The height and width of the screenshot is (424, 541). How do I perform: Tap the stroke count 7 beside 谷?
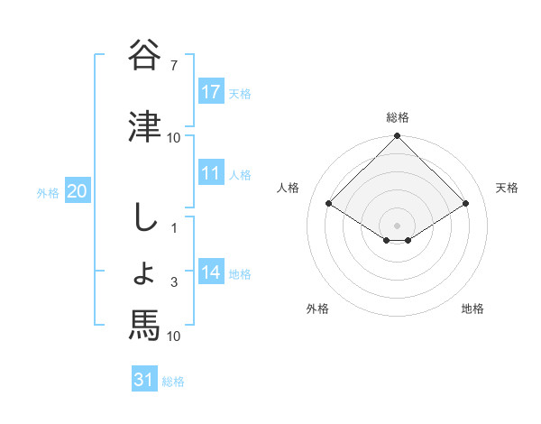[174, 66]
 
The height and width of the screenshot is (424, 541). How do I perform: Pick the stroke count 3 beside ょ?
[174, 283]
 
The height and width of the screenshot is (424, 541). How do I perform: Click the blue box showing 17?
[210, 91]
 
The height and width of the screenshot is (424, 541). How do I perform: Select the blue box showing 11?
[210, 173]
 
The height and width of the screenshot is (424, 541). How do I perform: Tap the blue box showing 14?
[210, 272]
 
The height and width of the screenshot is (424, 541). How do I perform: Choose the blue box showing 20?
[78, 191]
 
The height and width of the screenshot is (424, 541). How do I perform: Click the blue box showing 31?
[144, 380]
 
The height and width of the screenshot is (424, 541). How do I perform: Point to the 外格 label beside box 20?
[48, 192]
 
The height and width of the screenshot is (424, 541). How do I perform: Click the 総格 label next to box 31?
[174, 381]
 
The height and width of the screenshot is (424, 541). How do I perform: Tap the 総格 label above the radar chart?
[397, 117]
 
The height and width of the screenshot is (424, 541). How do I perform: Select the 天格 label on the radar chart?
[507, 188]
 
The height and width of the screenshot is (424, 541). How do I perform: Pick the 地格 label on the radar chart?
[472, 309]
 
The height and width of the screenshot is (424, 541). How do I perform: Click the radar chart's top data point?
[397, 137]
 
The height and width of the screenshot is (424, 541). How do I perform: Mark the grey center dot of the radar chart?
[397, 224]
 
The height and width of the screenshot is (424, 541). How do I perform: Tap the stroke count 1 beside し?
[174, 227]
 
